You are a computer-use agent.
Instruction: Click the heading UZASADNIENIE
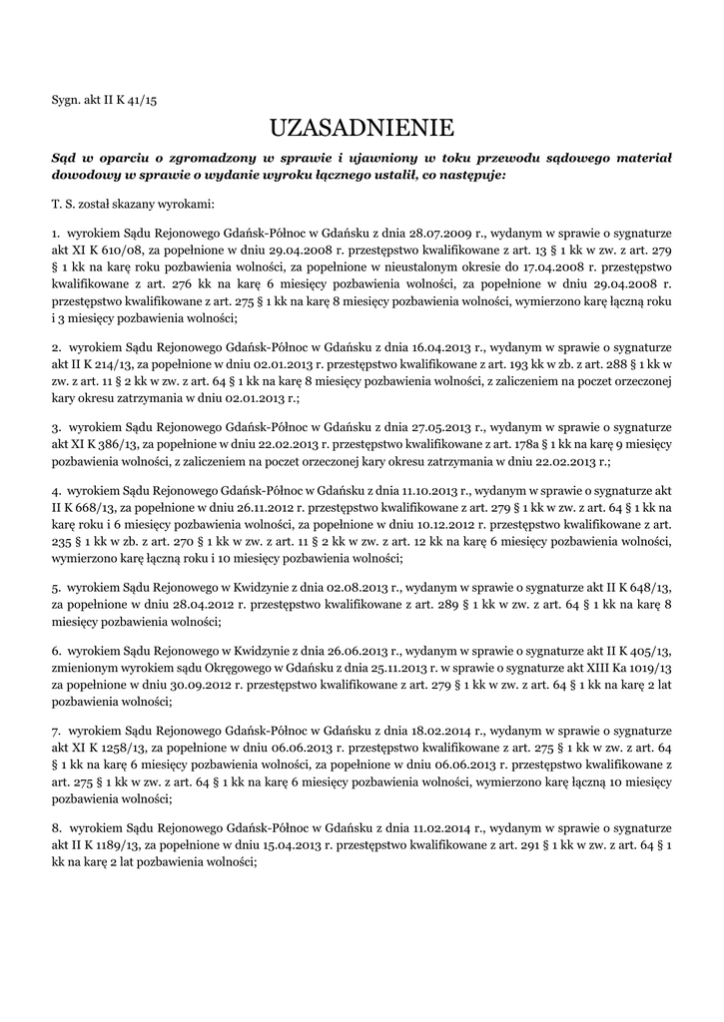coord(362,128)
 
